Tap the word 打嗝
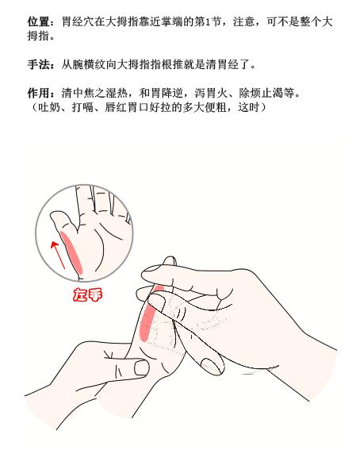pos(75,105)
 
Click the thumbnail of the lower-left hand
pos(141,367)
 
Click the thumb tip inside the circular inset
pos(56,216)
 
